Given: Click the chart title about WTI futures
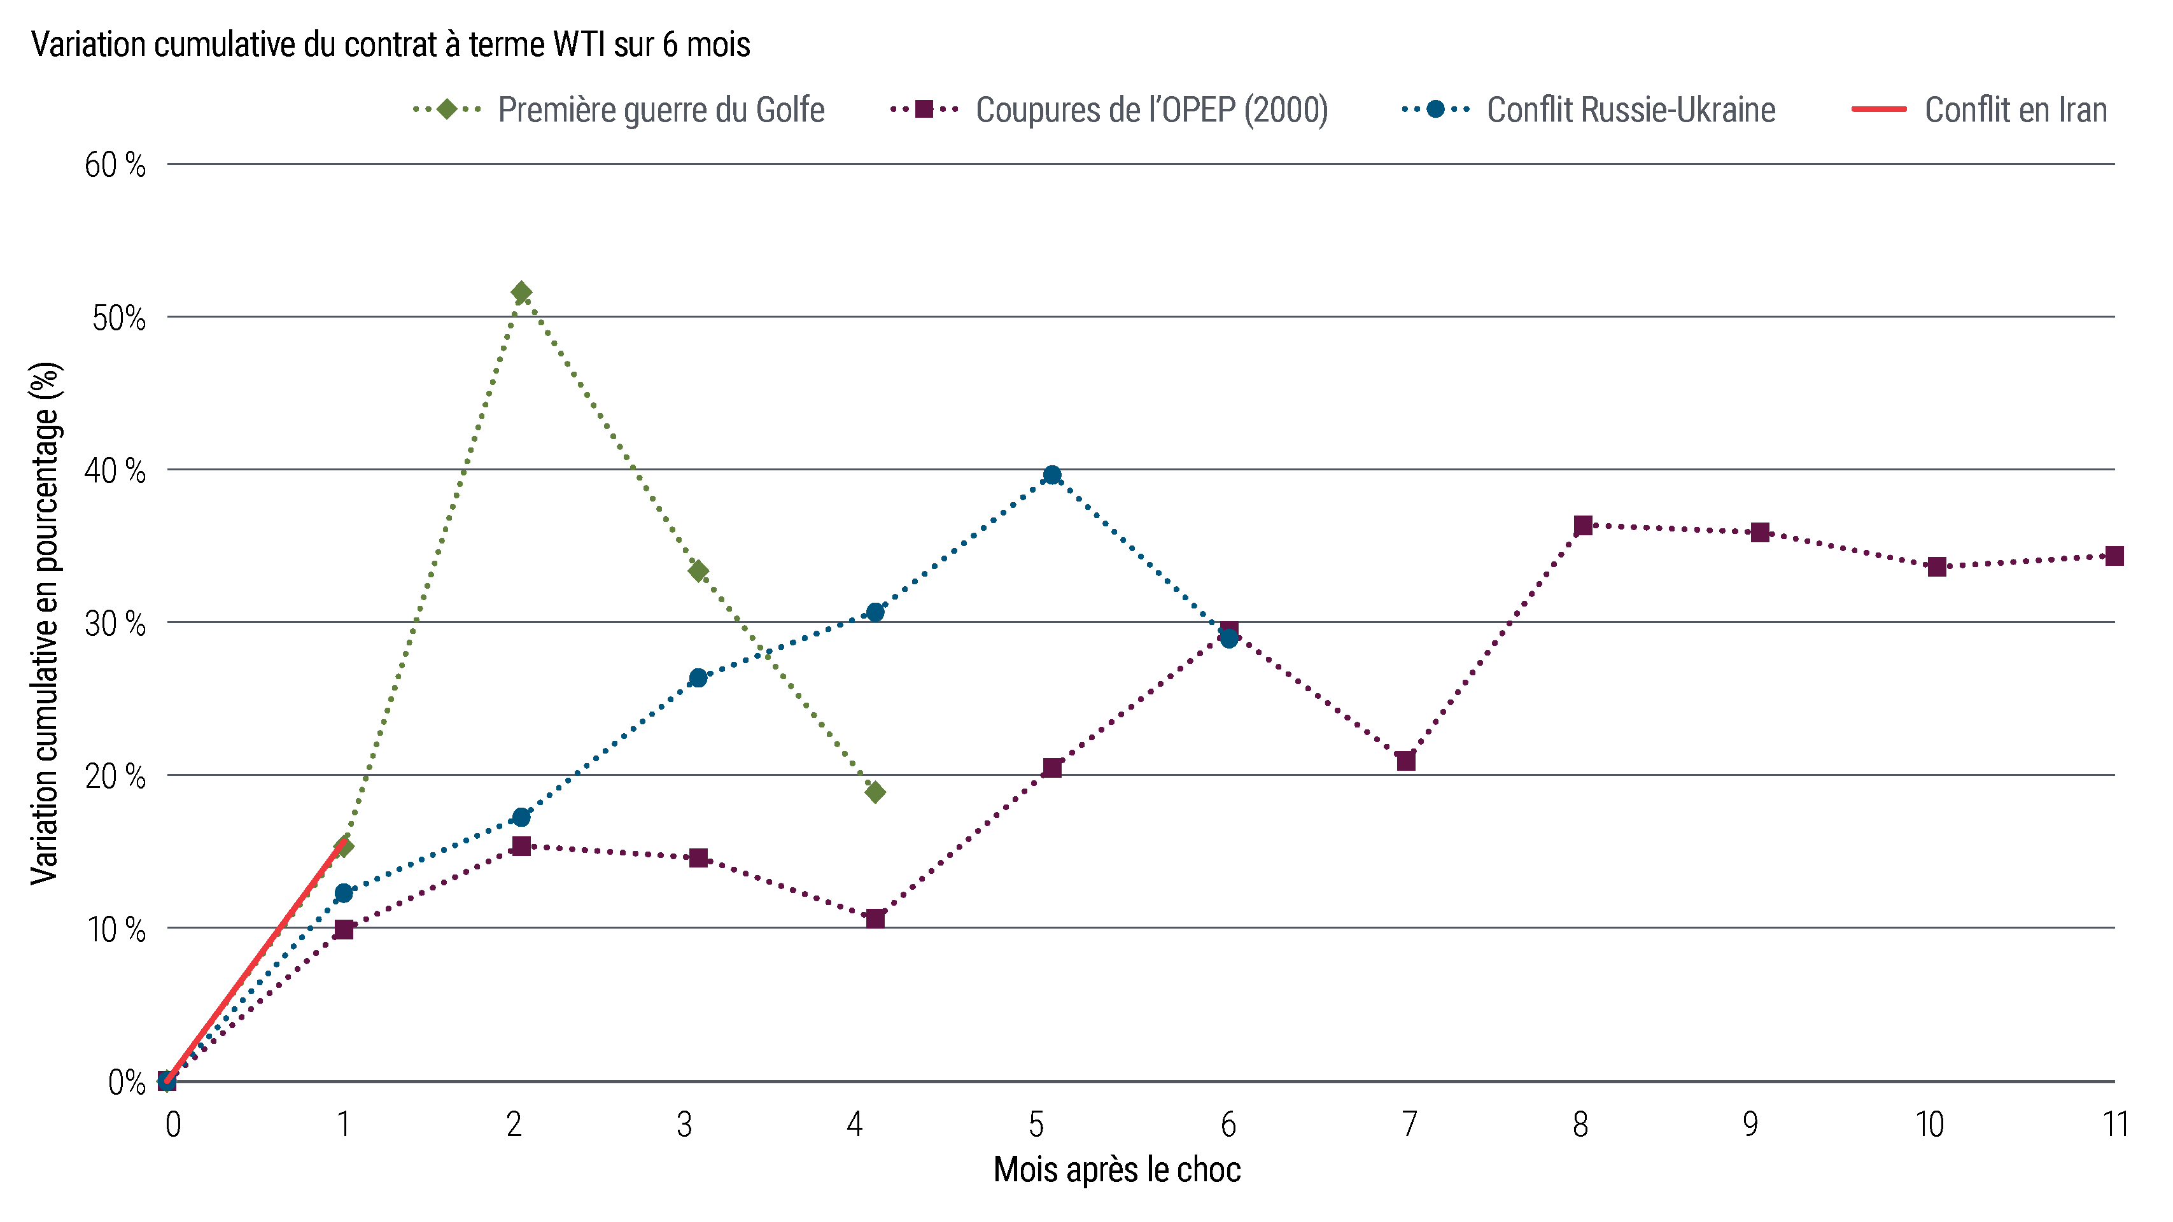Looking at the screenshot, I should (x=391, y=45).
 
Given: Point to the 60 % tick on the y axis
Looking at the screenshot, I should (x=116, y=165).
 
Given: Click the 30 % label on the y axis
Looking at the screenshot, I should (x=116, y=624).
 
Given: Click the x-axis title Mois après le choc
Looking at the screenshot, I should (x=1117, y=1170).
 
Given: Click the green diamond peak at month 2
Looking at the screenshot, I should (x=521, y=293).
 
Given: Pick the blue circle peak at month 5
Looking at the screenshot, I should (x=1052, y=475).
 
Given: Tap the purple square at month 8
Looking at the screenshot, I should (x=1582, y=526).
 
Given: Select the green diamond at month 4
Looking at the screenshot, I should (x=876, y=792).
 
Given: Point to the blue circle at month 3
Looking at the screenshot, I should (x=698, y=678).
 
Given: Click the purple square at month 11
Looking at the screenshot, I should (x=2114, y=556).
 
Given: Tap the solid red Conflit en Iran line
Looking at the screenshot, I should (x=253, y=962).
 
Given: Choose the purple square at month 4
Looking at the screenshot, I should (x=876, y=918).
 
